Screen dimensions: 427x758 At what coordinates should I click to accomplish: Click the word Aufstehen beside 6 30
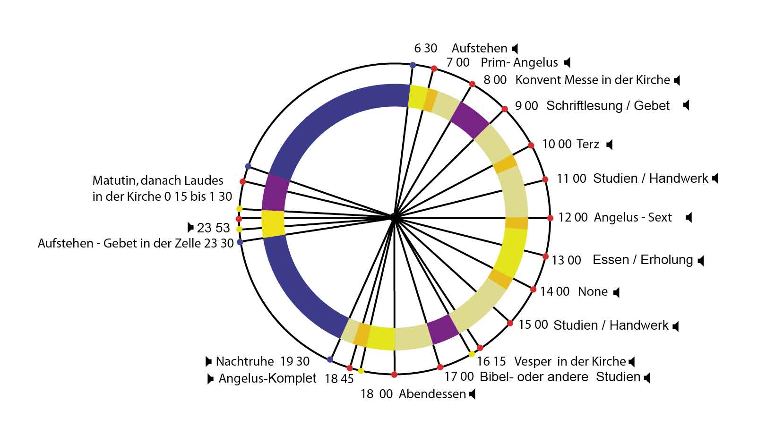[479, 48]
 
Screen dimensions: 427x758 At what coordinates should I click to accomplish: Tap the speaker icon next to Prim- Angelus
[568, 62]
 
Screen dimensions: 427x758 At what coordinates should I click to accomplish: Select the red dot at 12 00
[550, 218]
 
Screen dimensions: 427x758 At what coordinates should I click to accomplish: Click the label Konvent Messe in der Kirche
[593, 80]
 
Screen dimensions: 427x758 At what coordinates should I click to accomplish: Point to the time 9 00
[526, 106]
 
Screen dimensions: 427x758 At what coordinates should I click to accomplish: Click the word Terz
[588, 144]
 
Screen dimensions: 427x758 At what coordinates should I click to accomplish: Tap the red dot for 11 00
[545, 179]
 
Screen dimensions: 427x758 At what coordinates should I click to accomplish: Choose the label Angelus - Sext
[633, 217]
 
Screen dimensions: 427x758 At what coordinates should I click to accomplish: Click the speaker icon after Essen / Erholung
[701, 260]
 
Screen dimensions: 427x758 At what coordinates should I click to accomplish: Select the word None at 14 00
[593, 291]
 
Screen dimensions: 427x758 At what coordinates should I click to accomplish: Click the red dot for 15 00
[510, 323]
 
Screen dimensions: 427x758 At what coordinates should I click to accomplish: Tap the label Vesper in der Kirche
[570, 361]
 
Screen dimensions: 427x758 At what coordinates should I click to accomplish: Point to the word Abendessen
[432, 394]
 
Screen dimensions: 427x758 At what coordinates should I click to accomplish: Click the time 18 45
[339, 379]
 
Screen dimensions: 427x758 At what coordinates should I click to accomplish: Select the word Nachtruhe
[245, 361]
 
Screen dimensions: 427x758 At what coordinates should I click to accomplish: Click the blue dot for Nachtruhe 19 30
[330, 359]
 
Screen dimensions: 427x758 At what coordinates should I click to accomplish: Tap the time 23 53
[213, 228]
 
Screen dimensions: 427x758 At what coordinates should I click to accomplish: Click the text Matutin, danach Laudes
[158, 180]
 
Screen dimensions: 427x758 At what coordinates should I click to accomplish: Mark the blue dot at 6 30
[413, 65]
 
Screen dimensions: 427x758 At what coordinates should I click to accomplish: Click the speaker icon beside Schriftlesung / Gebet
[686, 105]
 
